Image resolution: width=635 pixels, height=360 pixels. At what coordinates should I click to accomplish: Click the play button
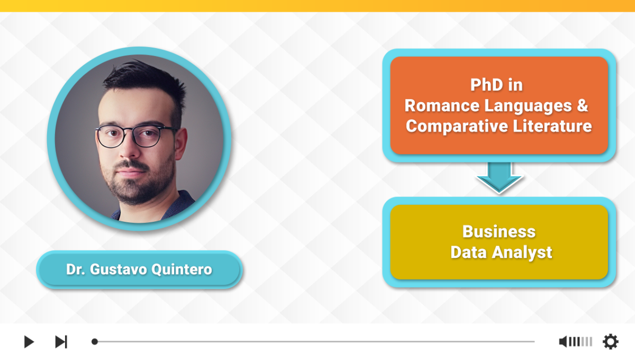[29, 341]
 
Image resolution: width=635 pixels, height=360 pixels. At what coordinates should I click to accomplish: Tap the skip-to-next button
[61, 341]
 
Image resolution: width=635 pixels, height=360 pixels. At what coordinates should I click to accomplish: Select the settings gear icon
[611, 341]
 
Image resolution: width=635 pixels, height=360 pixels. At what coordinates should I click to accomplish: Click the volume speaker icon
[563, 341]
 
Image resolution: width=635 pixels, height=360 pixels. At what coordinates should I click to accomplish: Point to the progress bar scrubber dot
[95, 341]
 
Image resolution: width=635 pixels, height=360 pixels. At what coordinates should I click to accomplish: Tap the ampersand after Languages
[582, 105]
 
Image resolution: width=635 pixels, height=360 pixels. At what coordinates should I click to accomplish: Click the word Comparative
[457, 126]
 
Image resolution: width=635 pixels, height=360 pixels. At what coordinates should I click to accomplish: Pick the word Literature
[552, 126]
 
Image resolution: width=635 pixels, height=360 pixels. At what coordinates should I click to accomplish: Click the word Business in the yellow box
[499, 231]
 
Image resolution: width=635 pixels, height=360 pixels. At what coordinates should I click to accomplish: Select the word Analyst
[522, 253]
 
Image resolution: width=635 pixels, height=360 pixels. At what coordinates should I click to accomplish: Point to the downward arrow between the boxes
[500, 177]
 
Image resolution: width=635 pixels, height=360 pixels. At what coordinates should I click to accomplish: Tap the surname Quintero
[182, 269]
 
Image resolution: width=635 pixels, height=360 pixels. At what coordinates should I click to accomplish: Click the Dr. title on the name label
[75, 269]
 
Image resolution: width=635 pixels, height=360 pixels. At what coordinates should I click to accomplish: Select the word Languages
[528, 106]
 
